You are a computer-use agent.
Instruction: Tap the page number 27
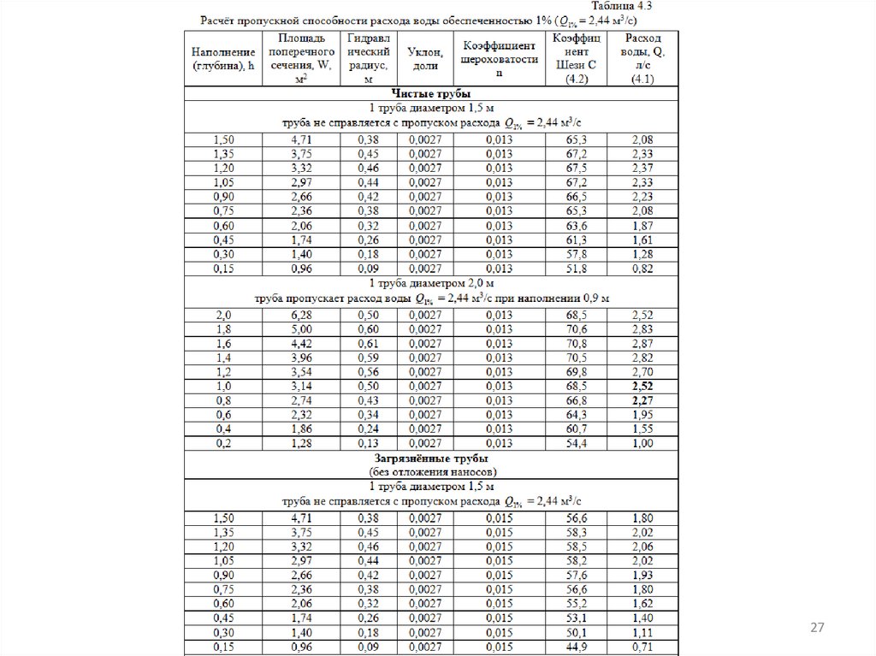(817, 629)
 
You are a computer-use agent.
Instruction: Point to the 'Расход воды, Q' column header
(642, 58)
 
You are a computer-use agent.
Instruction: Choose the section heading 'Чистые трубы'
(432, 93)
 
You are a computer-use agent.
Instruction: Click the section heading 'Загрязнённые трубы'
(432, 458)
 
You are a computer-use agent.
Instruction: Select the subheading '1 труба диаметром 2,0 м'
(432, 282)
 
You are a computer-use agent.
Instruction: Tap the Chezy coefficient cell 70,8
(576, 343)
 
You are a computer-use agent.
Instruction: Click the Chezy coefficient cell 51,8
(576, 268)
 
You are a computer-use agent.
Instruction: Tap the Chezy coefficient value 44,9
(576, 647)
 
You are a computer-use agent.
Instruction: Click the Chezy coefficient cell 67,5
(576, 168)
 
